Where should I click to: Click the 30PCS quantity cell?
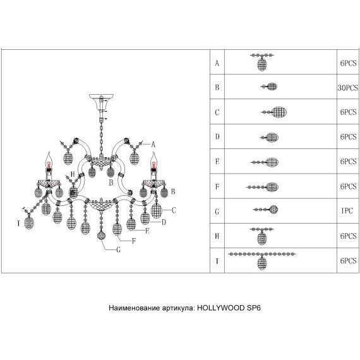tap(347, 88)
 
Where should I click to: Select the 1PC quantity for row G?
tap(347, 210)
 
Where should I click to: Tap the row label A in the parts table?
tap(217, 63)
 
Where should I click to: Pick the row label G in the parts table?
tap(217, 212)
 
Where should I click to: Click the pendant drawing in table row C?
tap(274, 112)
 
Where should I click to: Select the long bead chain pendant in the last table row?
tap(262, 260)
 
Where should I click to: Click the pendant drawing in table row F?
tap(263, 187)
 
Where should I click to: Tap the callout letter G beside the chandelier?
tap(119, 249)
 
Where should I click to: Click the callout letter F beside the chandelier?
tap(134, 241)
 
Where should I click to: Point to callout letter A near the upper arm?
tap(153, 145)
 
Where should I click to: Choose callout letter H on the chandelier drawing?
tap(73, 174)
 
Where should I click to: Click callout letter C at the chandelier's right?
tap(174, 210)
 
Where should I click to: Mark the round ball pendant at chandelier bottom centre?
tap(101, 236)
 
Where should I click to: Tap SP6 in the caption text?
tap(254, 308)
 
